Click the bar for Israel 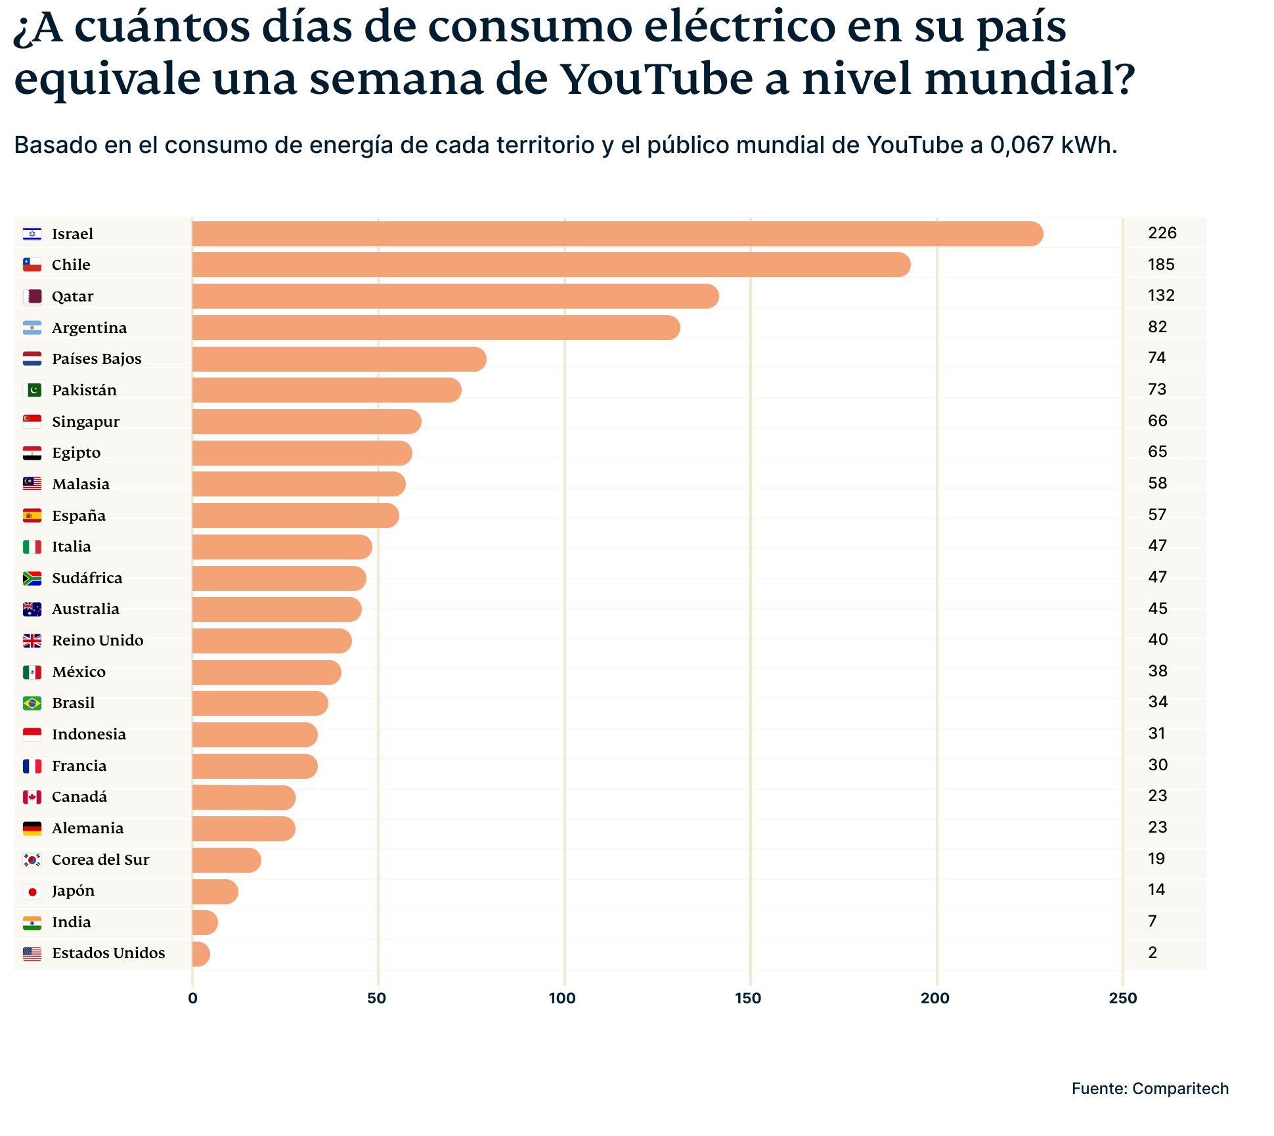click(x=617, y=234)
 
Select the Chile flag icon click(x=32, y=265)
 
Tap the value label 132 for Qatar click(x=1160, y=295)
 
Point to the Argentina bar click(x=435, y=328)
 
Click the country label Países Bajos click(x=97, y=359)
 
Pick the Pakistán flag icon click(x=32, y=390)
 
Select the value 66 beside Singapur click(x=1157, y=421)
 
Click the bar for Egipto click(x=302, y=453)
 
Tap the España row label click(x=78, y=515)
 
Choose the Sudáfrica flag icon click(x=32, y=578)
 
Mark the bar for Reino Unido click(x=272, y=641)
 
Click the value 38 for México click(x=1157, y=671)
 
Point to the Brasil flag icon click(x=32, y=703)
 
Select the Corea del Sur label click(x=100, y=860)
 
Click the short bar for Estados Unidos click(x=200, y=954)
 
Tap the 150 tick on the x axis click(x=748, y=999)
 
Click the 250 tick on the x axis click(x=1122, y=999)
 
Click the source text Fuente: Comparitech click(x=1149, y=1089)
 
